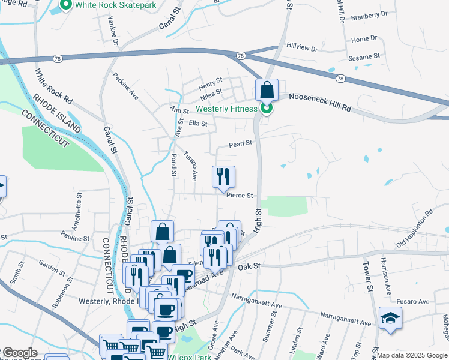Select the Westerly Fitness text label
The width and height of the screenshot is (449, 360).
[226, 109]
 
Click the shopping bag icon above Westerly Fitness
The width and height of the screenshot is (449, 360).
[267, 91]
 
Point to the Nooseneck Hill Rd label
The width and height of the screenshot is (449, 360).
[319, 101]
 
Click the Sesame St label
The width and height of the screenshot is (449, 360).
[366, 56]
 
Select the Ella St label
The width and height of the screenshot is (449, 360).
[197, 124]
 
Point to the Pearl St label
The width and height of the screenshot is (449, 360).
[240, 144]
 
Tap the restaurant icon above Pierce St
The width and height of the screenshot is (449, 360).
[223, 176]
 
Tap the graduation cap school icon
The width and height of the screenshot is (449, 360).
[390, 318]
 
